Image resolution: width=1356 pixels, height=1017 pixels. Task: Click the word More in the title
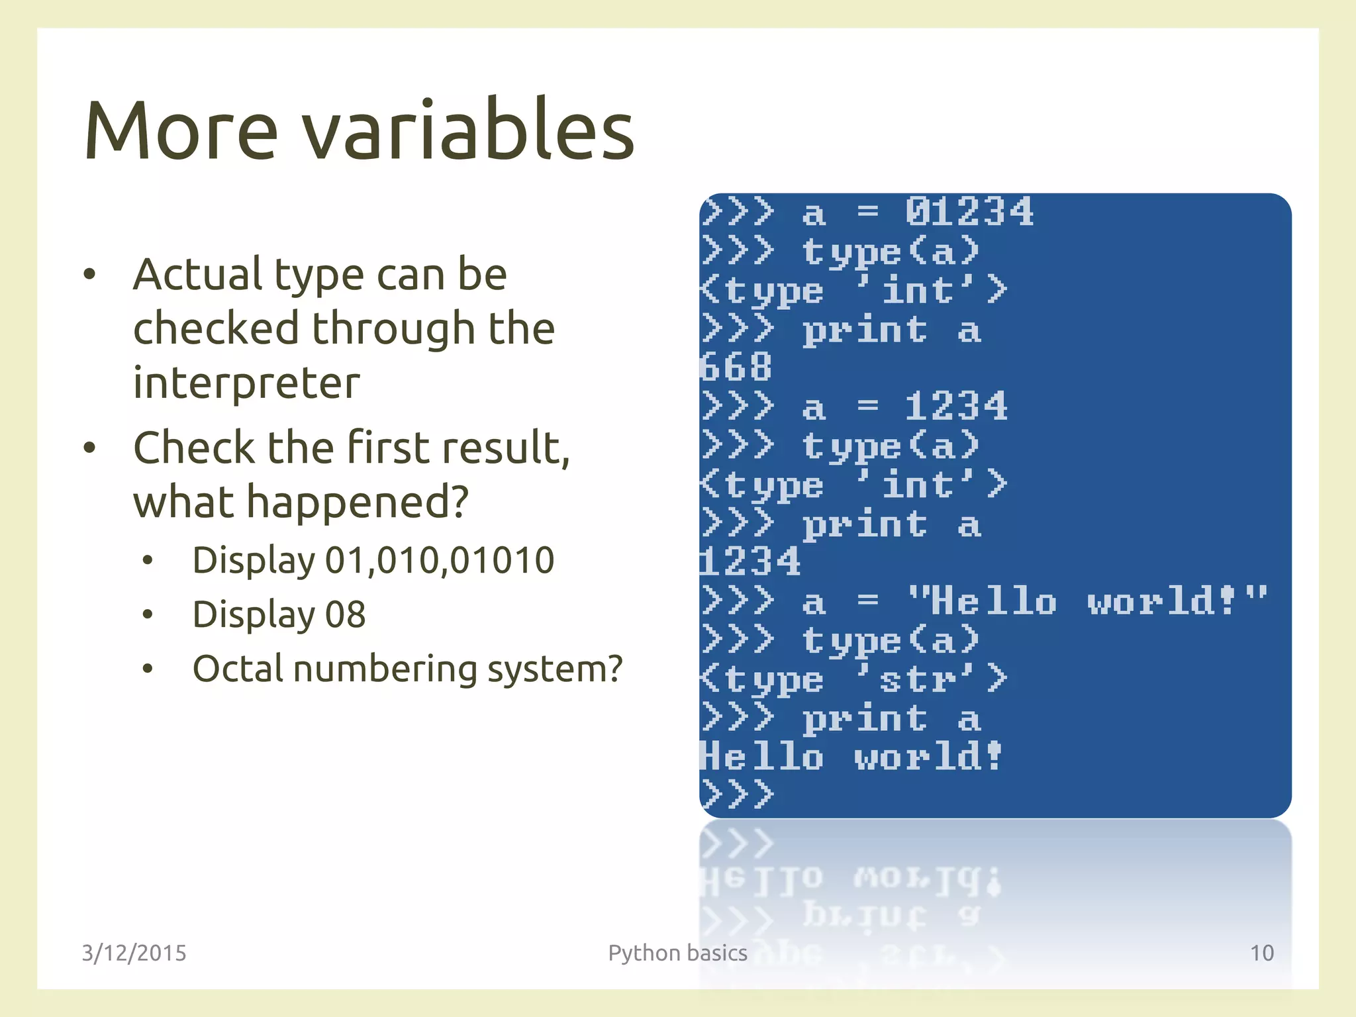tap(180, 130)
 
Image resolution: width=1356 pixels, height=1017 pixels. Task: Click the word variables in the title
tap(469, 130)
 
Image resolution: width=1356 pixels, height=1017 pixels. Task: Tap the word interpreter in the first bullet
tap(246, 383)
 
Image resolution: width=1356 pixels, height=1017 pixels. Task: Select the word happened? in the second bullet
tap(358, 502)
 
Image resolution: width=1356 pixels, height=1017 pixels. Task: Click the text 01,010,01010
tap(440, 561)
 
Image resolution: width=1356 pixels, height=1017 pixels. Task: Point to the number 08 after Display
tap(345, 615)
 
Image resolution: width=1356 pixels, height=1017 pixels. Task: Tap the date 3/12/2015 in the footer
tap(134, 953)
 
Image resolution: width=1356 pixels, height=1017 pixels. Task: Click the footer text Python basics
tap(677, 953)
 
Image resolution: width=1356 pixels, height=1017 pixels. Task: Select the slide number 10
tap(1261, 953)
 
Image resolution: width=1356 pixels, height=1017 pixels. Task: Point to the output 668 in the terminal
tap(736, 367)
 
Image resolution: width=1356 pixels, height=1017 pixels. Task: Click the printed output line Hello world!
tap(851, 757)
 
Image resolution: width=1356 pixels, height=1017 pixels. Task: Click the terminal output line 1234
tap(751, 562)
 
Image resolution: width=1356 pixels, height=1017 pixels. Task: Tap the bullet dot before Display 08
tap(148, 615)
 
